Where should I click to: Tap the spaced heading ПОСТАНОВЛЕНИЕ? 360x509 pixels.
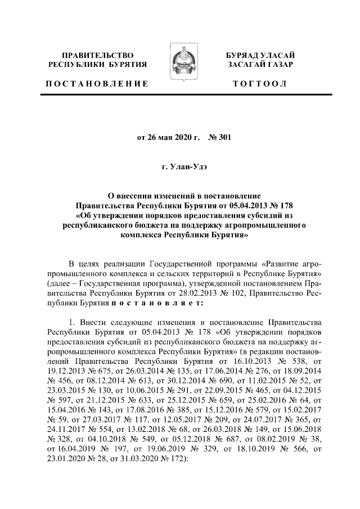click(97, 84)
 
